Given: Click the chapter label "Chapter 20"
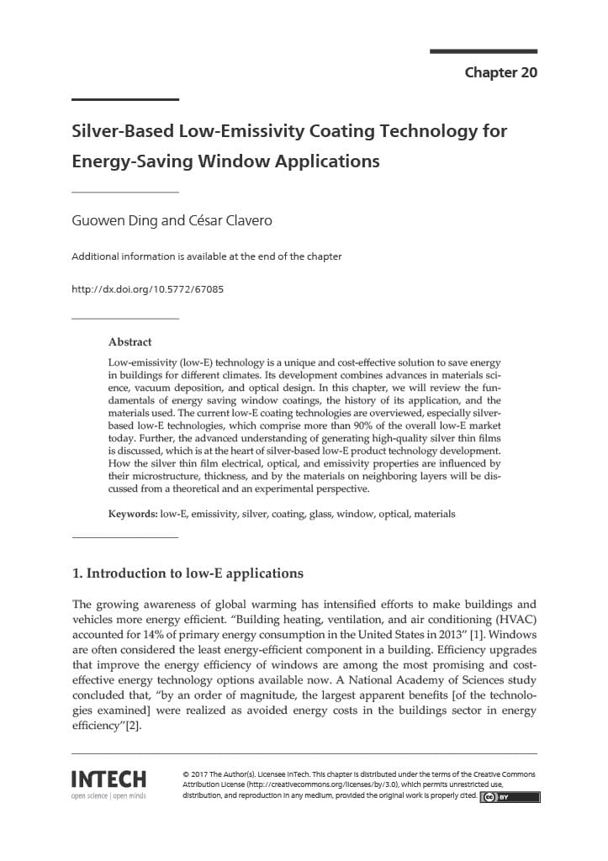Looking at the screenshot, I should (x=500, y=72).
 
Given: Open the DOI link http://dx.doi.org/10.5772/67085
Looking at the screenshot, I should (x=147, y=289).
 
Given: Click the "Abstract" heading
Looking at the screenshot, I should (x=130, y=342).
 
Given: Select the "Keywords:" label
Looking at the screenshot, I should (x=133, y=514).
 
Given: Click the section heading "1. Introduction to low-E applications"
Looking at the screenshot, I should (x=188, y=573).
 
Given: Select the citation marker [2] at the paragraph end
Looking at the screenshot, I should (x=133, y=726).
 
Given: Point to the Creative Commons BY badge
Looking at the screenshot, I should (x=510, y=797).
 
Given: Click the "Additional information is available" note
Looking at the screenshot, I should (x=207, y=256).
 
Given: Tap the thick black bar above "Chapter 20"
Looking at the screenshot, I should (x=483, y=51).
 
